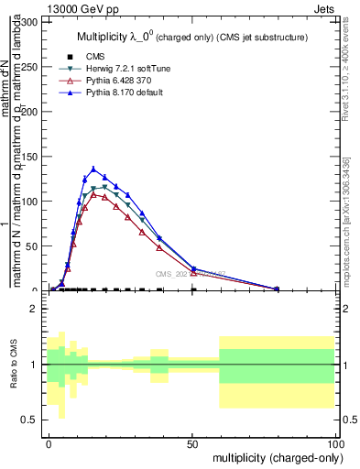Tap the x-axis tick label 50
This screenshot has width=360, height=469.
point(191,442)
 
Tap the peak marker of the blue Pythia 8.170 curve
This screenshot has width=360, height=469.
point(93,169)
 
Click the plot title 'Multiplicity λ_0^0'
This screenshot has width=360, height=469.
point(119,37)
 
